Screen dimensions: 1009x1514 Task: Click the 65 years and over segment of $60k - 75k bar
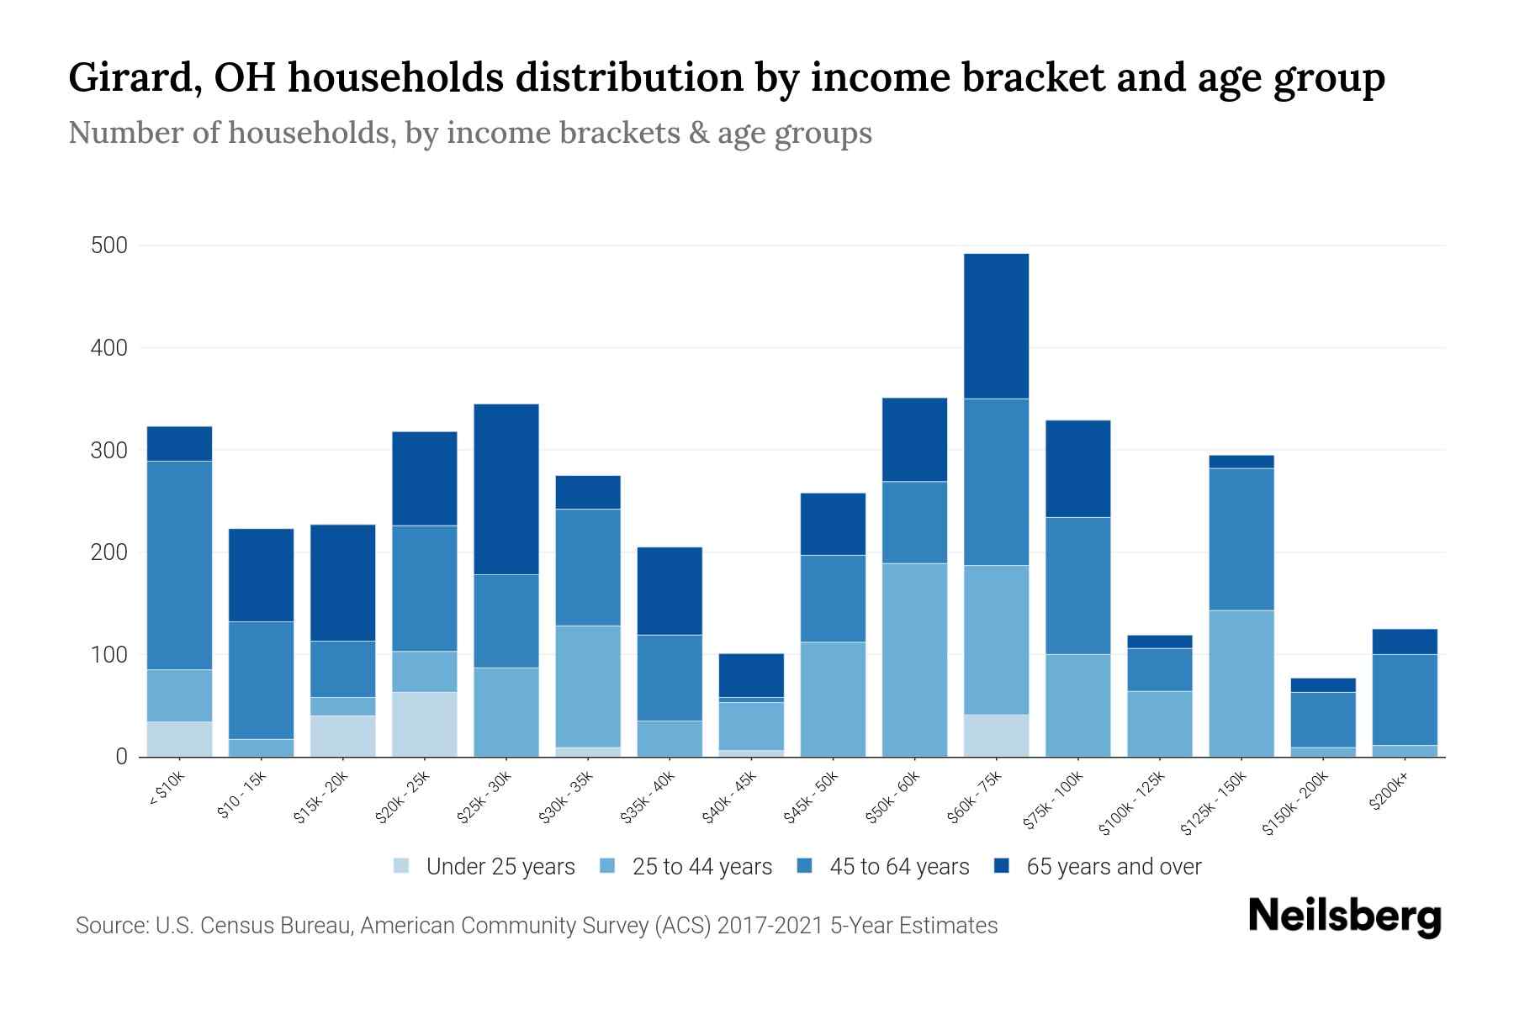(996, 325)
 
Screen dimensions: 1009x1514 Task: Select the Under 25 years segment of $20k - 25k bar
(425, 724)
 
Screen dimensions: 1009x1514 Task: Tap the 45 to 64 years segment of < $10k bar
(179, 565)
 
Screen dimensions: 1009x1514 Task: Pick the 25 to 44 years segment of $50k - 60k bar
(914, 660)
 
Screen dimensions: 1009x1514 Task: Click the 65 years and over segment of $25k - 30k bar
(506, 489)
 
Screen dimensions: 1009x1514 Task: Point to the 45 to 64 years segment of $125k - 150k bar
(1241, 539)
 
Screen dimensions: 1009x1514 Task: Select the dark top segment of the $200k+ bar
(1405, 642)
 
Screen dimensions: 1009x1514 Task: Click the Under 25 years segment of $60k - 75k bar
(996, 736)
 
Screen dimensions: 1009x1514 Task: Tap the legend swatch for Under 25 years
(401, 866)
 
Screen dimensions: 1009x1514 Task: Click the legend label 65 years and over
(1114, 867)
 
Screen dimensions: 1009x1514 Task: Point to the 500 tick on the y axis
(109, 246)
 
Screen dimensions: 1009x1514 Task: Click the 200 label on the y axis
(109, 552)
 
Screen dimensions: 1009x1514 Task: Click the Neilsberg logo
(1344, 917)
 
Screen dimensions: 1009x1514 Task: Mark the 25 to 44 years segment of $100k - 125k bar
(1159, 724)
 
